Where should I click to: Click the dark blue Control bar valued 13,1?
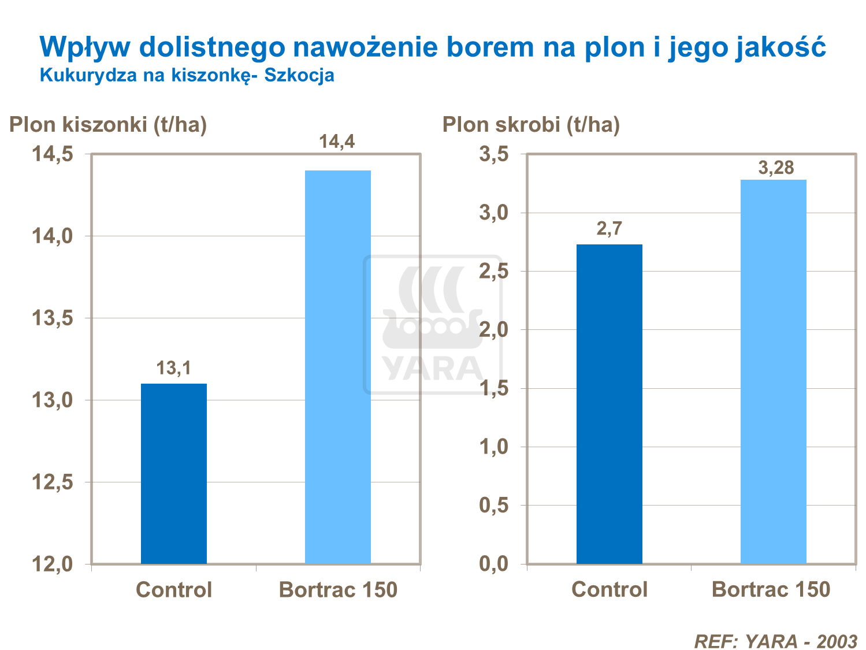tap(173, 473)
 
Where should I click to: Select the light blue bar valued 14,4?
tap(337, 367)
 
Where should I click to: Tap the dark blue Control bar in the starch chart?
tap(609, 404)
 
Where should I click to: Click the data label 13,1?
tap(173, 368)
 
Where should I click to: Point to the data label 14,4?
tap(337, 142)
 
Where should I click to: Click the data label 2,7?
tap(609, 229)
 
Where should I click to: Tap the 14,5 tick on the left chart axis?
tap(52, 154)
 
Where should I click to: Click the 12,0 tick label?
tap(52, 564)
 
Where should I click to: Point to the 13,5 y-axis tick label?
tap(52, 318)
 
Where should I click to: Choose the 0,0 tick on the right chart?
tap(494, 564)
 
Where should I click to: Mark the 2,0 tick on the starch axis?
tap(494, 330)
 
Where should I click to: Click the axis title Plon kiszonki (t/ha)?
tap(108, 124)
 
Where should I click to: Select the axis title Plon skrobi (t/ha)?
tap(531, 124)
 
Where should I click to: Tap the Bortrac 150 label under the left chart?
tap(338, 590)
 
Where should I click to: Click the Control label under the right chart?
tap(609, 590)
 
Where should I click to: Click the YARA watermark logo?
tap(432, 325)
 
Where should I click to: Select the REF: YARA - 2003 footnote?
tap(775, 641)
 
